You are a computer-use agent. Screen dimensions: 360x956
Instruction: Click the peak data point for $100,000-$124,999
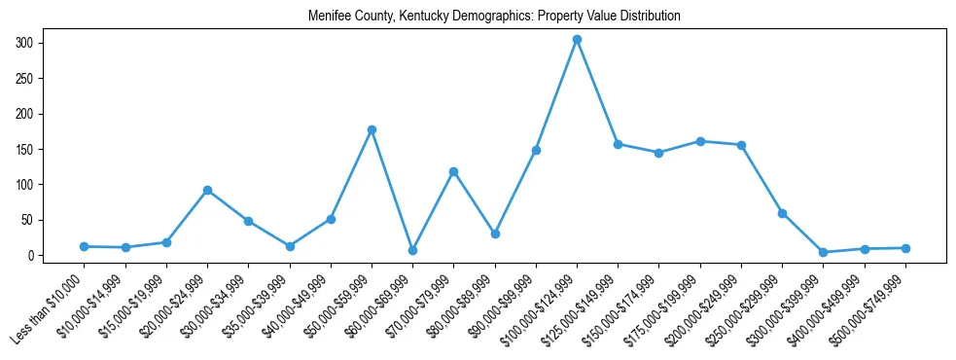(x=577, y=40)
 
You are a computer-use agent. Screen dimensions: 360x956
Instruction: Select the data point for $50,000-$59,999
(x=372, y=129)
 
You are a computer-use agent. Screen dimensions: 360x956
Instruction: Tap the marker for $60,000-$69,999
(x=412, y=250)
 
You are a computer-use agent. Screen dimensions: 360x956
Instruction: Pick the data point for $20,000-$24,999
(x=207, y=190)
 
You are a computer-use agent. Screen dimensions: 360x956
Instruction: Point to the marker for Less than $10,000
(x=85, y=246)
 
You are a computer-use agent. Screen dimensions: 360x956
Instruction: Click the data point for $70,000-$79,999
(x=453, y=171)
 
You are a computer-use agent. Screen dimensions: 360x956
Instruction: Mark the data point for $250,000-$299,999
(x=782, y=213)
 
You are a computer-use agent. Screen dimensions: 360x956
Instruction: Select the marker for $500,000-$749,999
(x=905, y=248)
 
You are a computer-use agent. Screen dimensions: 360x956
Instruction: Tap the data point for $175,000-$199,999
(x=700, y=141)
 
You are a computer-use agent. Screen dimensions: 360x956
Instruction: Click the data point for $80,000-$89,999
(x=495, y=234)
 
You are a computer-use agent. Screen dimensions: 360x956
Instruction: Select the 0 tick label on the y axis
(x=31, y=255)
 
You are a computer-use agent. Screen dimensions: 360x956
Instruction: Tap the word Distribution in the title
(x=645, y=17)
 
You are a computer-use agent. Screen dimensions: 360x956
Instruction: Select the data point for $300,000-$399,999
(x=823, y=252)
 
